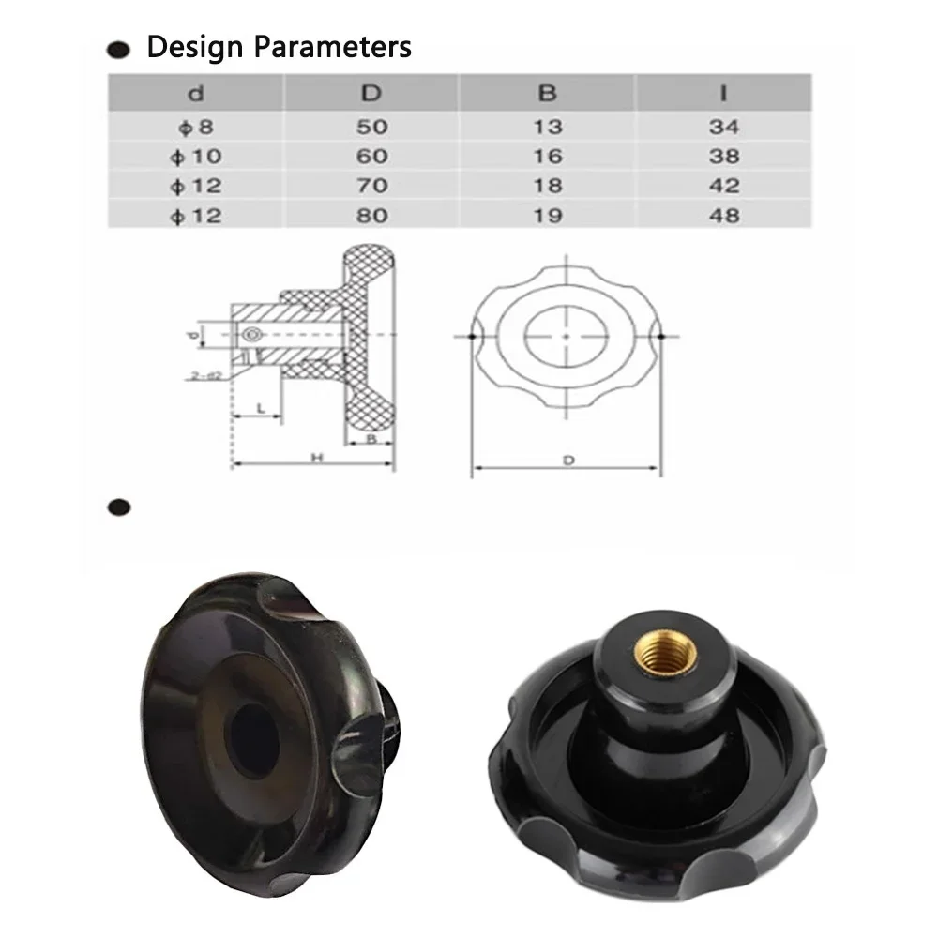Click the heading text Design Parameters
(x=279, y=47)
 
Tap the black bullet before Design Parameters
(x=118, y=50)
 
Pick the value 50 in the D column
(x=371, y=127)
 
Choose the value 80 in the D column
(x=371, y=216)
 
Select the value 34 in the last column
(x=724, y=127)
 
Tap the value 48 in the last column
(x=724, y=216)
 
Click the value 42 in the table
(x=724, y=186)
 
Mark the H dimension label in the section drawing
(x=317, y=457)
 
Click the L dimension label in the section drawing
(x=259, y=408)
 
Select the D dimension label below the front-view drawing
(x=567, y=461)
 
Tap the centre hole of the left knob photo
(x=254, y=740)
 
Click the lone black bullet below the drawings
(x=118, y=507)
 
